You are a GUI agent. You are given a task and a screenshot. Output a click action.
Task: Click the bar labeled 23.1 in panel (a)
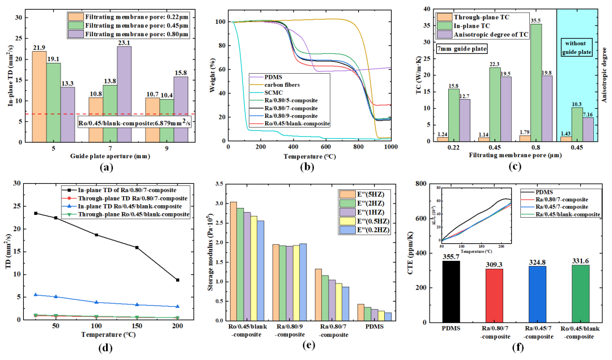point(124,93)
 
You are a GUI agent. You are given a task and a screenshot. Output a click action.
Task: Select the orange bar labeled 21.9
point(39,96)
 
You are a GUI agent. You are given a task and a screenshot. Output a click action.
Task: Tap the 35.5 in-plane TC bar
point(531,82)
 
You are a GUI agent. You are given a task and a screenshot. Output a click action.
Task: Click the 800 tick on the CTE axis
point(420,183)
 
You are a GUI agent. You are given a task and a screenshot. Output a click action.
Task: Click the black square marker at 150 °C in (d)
point(137,247)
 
